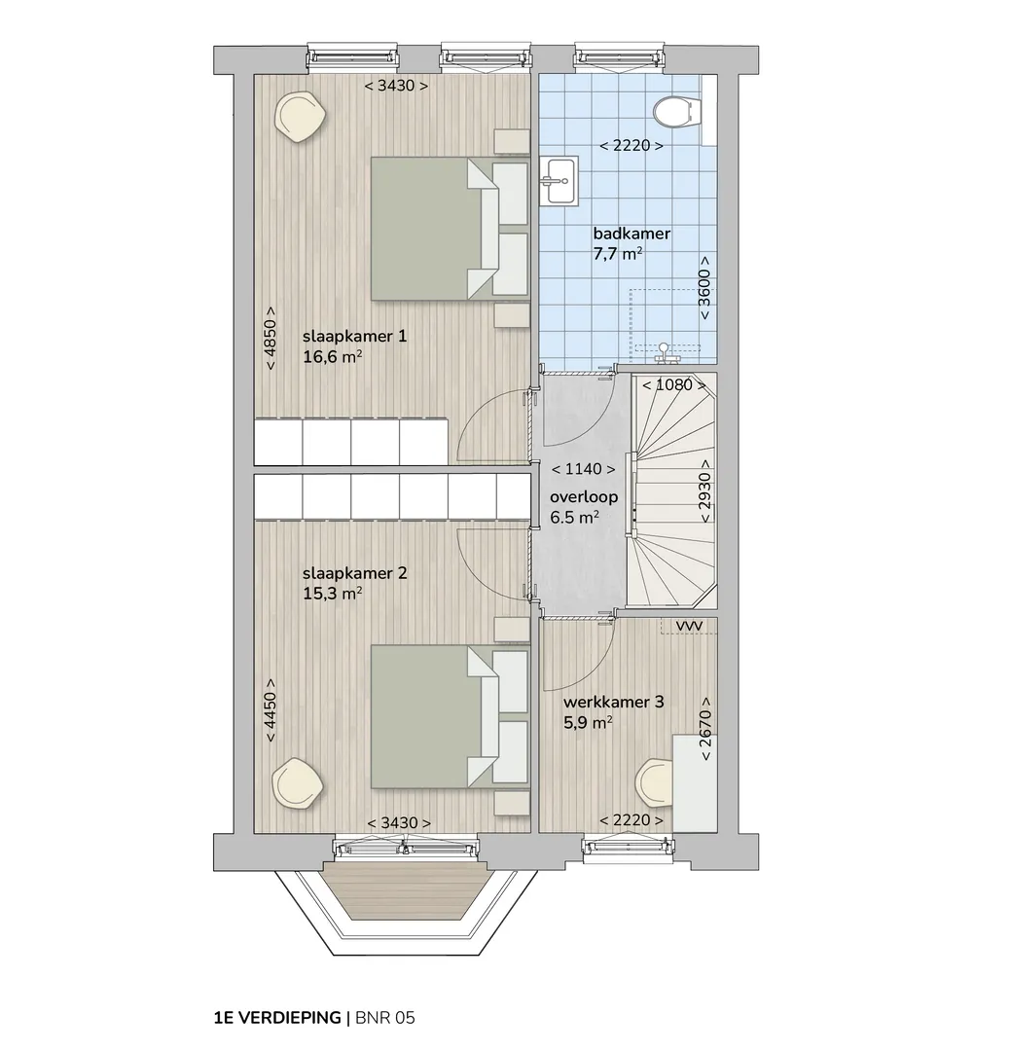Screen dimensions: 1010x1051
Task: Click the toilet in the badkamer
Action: (x=677, y=112)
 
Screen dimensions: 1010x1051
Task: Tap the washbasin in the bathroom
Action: (x=559, y=180)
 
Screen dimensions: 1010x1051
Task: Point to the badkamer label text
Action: (x=631, y=234)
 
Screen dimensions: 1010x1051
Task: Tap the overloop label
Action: (x=584, y=497)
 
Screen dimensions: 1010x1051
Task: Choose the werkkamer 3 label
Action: (x=613, y=702)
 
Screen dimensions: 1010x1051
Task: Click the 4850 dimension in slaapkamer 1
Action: (x=271, y=339)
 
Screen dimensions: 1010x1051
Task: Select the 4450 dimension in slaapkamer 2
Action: (x=271, y=709)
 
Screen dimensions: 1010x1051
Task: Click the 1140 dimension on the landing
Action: (x=583, y=469)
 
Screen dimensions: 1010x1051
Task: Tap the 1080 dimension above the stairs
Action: (x=673, y=385)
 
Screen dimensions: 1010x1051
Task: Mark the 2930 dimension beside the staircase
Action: (x=704, y=491)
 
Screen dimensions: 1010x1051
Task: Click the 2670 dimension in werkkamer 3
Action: (x=705, y=729)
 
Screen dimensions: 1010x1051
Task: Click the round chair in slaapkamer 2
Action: (x=297, y=782)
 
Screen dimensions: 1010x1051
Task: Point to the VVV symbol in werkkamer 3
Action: (x=689, y=626)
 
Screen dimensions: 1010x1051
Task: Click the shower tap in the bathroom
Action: (x=665, y=353)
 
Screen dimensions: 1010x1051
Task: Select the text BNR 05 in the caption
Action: (x=385, y=1018)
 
